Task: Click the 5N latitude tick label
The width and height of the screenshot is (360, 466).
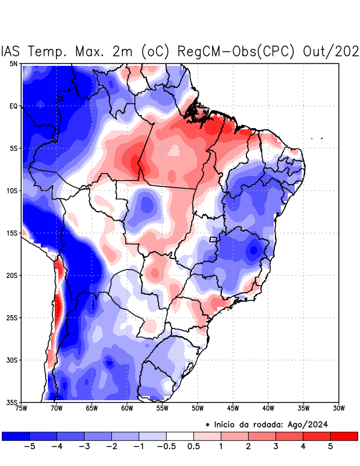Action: pyautogui.click(x=13, y=63)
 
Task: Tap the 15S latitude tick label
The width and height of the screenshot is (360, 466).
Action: pyautogui.click(x=12, y=233)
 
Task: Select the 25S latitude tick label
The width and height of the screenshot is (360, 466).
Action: pyautogui.click(x=12, y=317)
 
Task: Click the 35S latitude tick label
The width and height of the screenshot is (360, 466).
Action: pyautogui.click(x=12, y=402)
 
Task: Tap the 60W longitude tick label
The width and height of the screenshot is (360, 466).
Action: pyautogui.click(x=126, y=408)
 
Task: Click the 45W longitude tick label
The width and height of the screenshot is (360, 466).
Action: pyautogui.click(x=232, y=408)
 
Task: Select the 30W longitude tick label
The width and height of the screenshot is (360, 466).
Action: pyautogui.click(x=338, y=408)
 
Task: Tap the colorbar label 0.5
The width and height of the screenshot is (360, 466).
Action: pyautogui.click(x=194, y=446)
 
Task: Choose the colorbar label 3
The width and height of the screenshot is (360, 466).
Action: pyautogui.click(x=276, y=446)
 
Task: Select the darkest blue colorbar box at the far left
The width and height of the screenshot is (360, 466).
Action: pyautogui.click(x=16, y=436)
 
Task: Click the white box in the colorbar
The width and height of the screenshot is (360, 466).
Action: pyautogui.click(x=180, y=436)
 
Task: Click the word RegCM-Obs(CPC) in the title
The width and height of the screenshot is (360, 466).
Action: pyautogui.click(x=238, y=51)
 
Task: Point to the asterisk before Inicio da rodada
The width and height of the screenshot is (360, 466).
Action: pyautogui.click(x=207, y=425)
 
